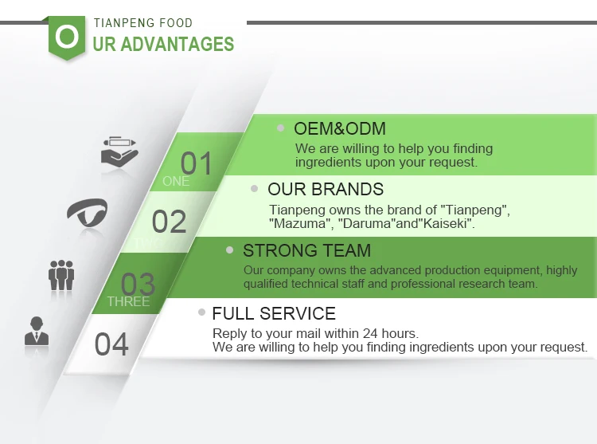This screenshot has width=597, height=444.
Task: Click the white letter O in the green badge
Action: point(67,37)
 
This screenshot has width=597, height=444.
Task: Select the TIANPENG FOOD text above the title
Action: point(143,23)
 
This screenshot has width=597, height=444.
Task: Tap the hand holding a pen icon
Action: point(119,151)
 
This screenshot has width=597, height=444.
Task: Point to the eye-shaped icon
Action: point(88,212)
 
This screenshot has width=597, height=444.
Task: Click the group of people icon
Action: point(61,275)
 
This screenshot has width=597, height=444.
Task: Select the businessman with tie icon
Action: point(37,331)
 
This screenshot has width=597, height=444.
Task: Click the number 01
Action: point(196,163)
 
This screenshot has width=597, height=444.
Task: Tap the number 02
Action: point(169,222)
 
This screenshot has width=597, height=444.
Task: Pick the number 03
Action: point(138,284)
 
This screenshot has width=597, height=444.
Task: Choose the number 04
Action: point(111,344)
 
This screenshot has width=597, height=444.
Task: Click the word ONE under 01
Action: point(176,181)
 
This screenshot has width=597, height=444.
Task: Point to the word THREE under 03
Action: point(128,301)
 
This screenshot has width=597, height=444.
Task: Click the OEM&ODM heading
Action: point(340,129)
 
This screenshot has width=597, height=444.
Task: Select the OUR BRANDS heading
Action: point(326,190)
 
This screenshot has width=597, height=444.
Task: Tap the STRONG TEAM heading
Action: point(307,250)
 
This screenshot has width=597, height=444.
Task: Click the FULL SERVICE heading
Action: point(274,313)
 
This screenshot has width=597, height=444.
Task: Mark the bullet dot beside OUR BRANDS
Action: point(255,188)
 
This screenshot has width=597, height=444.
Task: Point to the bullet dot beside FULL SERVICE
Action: point(202,312)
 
